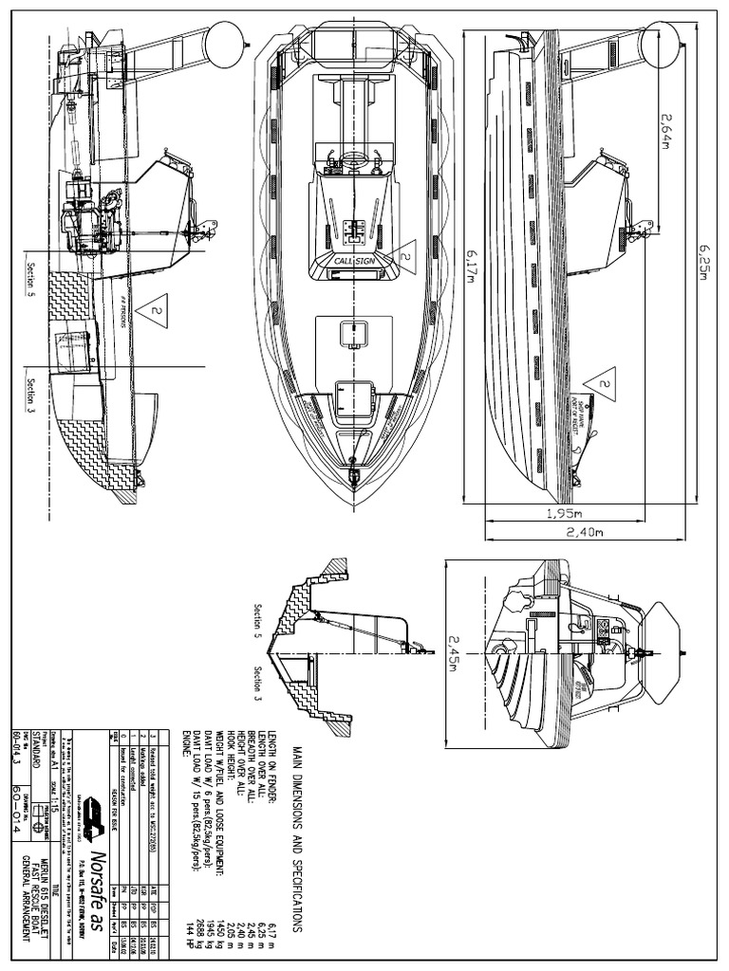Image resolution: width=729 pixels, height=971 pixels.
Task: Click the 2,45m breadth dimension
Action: pos(455,652)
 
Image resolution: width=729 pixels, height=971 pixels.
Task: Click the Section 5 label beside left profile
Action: pos(31,277)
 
